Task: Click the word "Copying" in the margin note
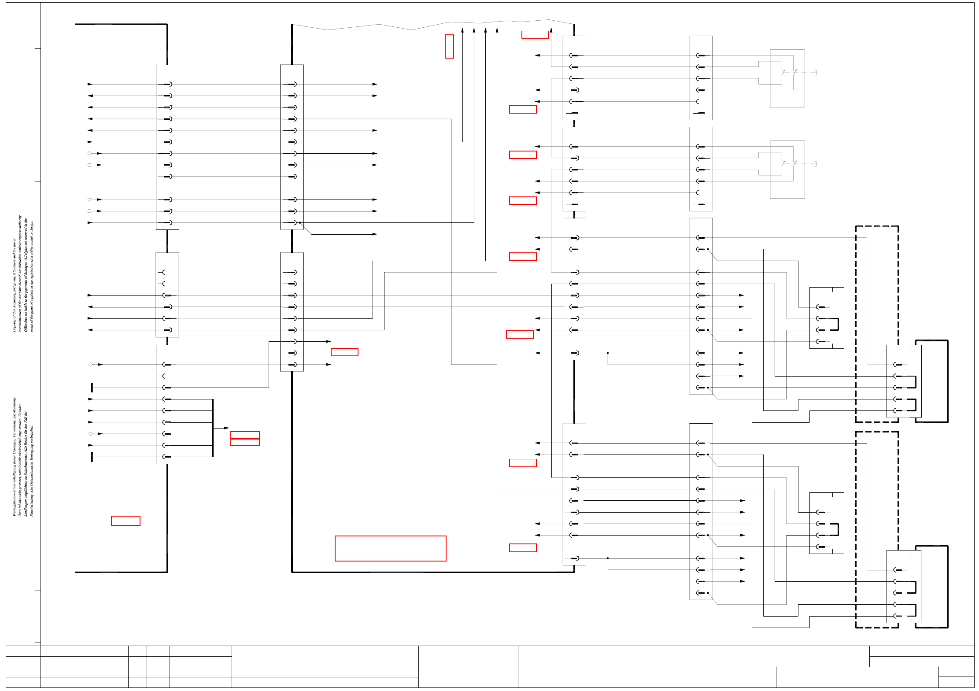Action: (14, 325)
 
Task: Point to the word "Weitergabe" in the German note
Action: (14, 506)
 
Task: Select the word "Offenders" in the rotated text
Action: (26, 324)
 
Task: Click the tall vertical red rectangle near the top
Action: (449, 46)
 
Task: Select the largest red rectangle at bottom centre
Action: (390, 548)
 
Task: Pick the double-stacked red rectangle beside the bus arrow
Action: (245, 439)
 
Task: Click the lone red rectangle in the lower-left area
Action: (126, 521)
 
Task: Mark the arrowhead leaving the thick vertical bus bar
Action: (226, 428)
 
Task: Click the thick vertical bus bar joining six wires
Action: (213, 428)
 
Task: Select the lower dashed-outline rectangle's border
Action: (856, 528)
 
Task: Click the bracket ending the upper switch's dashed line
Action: (816, 73)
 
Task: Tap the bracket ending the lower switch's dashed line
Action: (816, 164)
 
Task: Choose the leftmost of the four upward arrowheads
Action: (462, 30)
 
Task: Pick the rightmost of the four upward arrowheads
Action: (497, 30)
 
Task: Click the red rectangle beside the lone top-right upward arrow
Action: (535, 35)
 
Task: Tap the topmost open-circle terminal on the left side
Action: (89, 153)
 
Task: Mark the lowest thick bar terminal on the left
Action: (92, 457)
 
